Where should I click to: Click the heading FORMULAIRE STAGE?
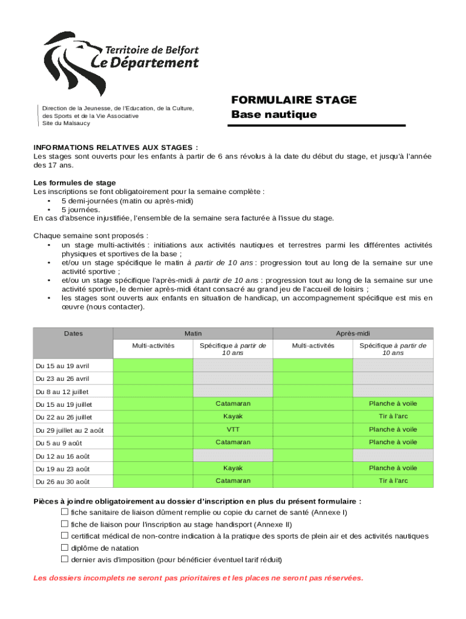(294, 100)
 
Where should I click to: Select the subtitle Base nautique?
(274, 114)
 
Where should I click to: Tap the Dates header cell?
(73, 333)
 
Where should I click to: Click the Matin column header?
(193, 333)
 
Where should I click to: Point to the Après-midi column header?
(353, 333)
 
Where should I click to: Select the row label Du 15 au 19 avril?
(62, 366)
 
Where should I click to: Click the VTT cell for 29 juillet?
(233, 429)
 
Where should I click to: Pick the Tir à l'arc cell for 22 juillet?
(393, 416)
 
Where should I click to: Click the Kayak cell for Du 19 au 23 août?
(233, 468)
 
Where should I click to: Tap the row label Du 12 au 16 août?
(62, 456)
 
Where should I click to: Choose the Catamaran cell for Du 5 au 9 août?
(233, 442)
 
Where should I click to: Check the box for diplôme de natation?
(64, 548)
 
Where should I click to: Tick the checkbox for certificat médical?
(64, 536)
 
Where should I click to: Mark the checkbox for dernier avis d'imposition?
(64, 559)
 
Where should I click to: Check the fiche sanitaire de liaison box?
(64, 512)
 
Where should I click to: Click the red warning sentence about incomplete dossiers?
(199, 578)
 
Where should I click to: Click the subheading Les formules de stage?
(74, 183)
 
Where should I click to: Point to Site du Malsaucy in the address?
(66, 123)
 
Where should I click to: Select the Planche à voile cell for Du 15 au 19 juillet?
(393, 403)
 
